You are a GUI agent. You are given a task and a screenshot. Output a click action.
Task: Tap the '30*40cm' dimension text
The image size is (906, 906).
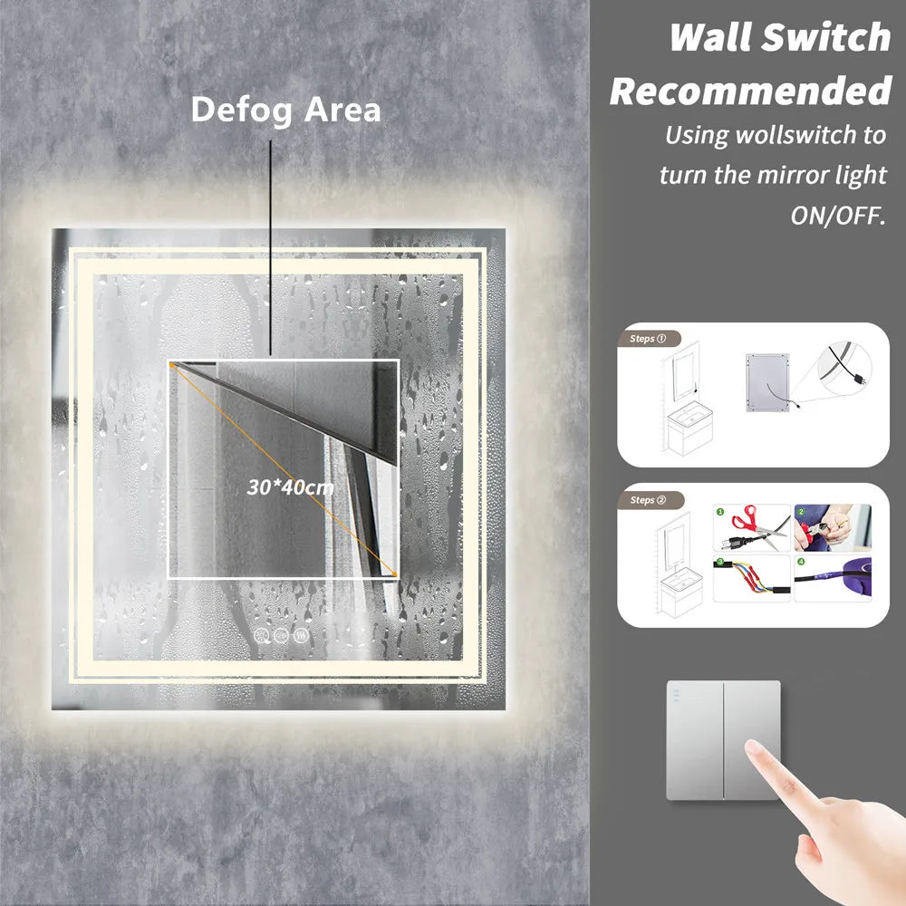290,487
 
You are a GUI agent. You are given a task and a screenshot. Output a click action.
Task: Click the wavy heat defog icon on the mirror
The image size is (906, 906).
301,635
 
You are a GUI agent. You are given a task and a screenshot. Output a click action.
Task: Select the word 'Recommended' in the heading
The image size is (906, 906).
750,91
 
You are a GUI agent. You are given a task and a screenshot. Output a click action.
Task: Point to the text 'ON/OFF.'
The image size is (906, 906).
838,216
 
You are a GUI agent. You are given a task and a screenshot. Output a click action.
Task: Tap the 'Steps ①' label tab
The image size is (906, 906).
649,339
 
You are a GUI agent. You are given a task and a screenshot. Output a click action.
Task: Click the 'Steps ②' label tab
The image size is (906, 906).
650,500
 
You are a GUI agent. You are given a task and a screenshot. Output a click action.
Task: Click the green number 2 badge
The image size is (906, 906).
801,511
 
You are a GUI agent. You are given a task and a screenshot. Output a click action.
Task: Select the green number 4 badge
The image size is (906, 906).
801,561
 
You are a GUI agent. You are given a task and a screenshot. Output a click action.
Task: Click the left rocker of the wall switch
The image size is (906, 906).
695,740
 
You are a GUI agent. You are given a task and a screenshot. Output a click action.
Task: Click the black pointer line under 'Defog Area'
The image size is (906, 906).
270,248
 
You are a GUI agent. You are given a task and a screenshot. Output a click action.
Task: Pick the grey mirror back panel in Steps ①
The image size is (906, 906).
767,382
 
